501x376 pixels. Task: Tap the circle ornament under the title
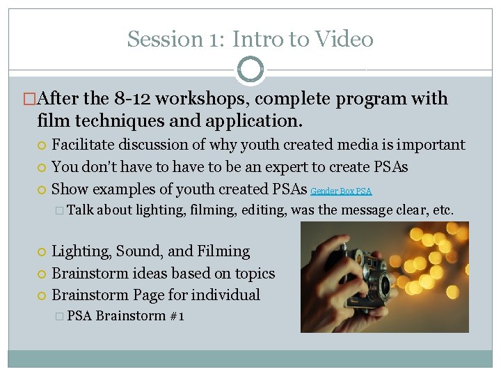click(x=250, y=70)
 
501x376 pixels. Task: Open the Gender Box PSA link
click(x=341, y=191)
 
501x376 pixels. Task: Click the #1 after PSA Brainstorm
click(x=177, y=316)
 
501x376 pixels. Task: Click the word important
click(x=427, y=145)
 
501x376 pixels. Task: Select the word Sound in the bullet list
click(x=138, y=251)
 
